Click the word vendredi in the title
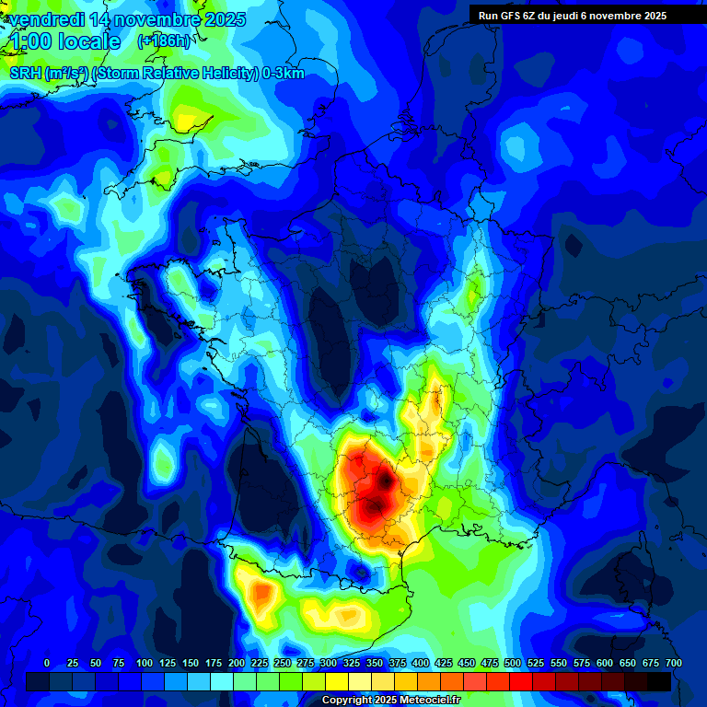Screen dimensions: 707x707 [x=48, y=19]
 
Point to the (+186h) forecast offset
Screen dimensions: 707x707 [x=164, y=41]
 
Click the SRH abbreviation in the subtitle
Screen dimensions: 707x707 [x=26, y=74]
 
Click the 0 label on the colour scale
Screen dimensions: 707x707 [x=47, y=663]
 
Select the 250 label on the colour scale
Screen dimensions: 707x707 [x=283, y=663]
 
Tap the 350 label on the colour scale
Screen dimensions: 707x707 [x=375, y=663]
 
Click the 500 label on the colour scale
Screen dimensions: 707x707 [x=513, y=663]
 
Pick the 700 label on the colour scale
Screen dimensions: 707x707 [x=673, y=663]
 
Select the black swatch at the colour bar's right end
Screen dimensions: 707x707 [x=659, y=681]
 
